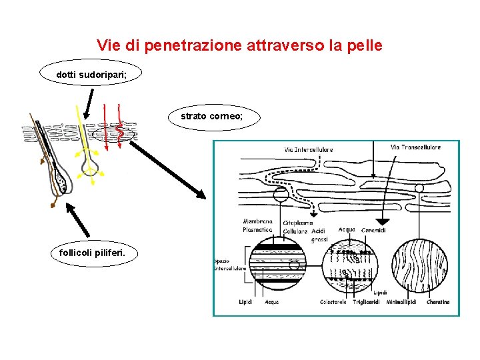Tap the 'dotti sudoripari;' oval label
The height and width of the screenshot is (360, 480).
tap(91, 75)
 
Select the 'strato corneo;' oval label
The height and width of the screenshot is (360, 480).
tap(212, 117)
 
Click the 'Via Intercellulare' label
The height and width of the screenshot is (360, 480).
tap(307, 149)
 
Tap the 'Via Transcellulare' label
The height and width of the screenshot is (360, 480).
tap(415, 147)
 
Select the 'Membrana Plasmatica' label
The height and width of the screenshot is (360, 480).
tap(257, 225)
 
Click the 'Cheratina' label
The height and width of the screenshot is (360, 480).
tap(438, 302)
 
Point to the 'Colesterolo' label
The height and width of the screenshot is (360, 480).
tap(333, 302)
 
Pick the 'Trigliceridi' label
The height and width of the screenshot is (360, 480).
tap(367, 302)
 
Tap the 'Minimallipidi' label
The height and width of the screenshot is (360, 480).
tap(401, 302)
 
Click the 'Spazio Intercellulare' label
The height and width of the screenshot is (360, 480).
tap(229, 264)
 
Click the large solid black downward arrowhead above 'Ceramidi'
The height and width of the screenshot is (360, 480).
tap(382, 221)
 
